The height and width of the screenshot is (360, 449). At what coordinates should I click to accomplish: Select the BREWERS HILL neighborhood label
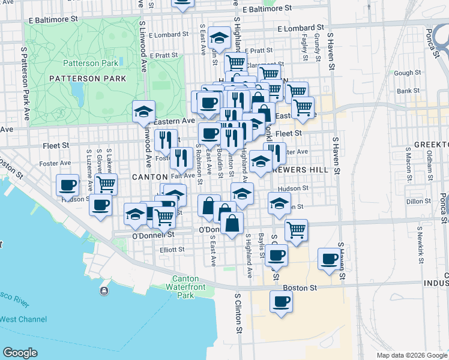tap(303, 170)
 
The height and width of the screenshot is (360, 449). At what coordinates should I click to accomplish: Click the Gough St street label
tap(408, 73)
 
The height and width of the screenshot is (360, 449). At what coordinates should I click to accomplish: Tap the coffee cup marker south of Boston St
tap(281, 302)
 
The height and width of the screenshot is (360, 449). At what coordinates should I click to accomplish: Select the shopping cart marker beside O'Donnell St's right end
tap(296, 229)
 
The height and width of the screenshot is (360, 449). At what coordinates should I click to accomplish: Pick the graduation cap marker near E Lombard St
tap(220, 37)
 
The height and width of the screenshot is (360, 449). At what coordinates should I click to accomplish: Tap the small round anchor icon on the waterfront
tap(104, 291)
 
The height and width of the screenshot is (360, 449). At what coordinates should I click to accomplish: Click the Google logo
tap(20, 353)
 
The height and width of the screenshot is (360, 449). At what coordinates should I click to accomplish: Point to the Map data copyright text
tap(412, 355)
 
